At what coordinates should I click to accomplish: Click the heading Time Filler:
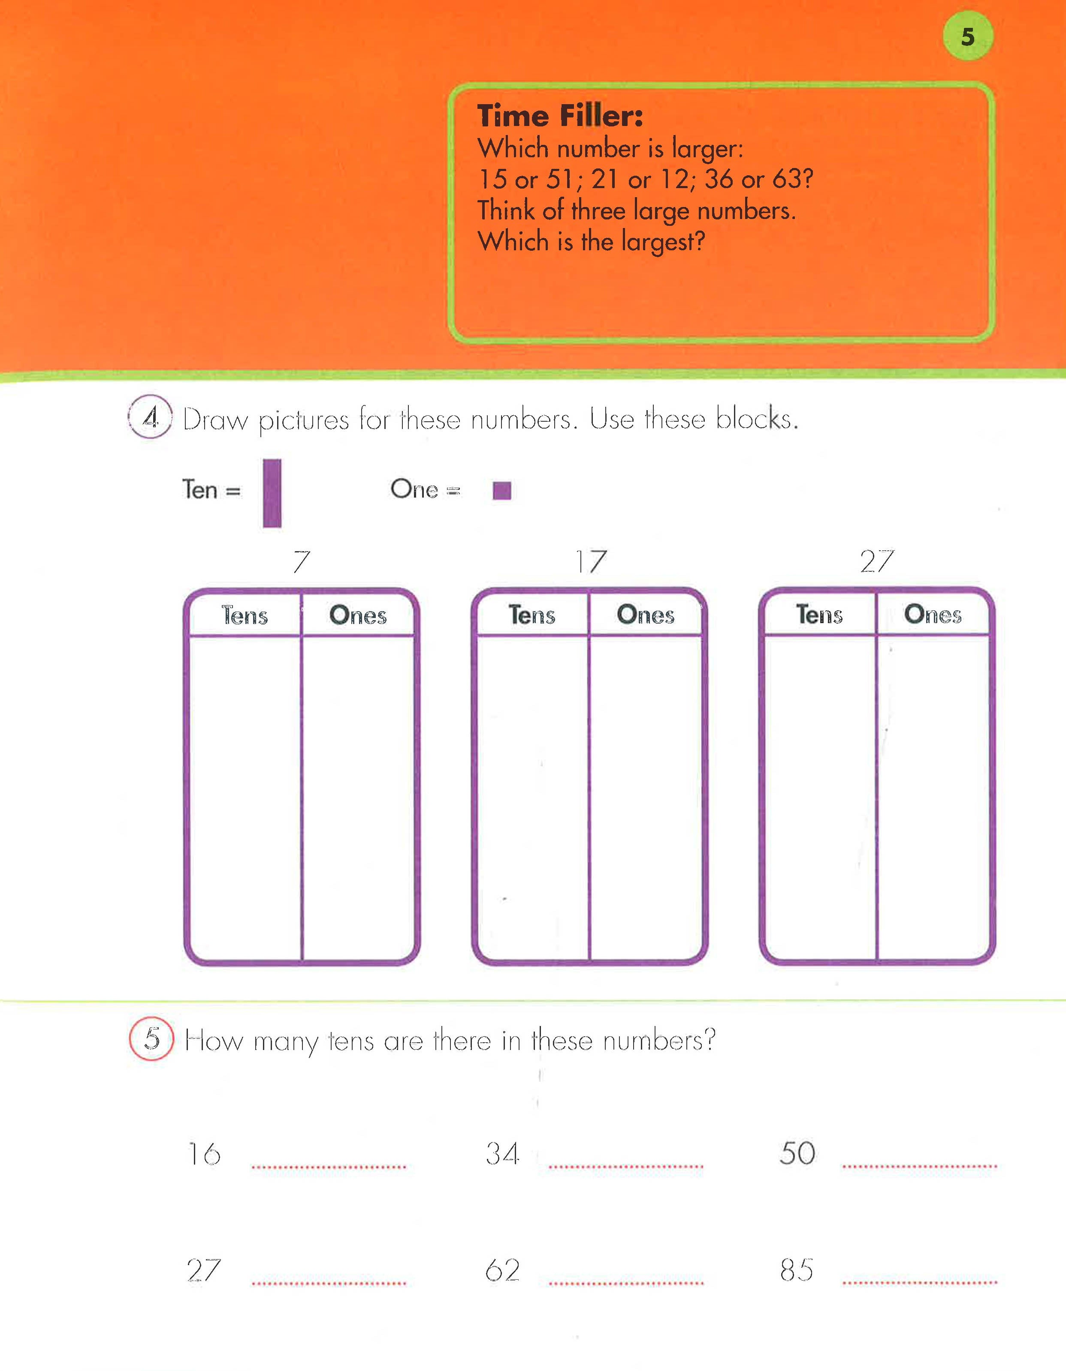(560, 116)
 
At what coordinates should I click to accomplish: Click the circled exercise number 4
(151, 416)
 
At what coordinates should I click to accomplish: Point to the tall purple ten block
(272, 493)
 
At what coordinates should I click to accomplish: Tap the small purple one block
(502, 490)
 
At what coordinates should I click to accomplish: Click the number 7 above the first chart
(302, 561)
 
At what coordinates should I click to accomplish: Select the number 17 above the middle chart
(591, 561)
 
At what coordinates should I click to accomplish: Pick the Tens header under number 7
(245, 615)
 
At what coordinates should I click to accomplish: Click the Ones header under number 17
(646, 615)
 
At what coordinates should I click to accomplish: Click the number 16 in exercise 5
(205, 1154)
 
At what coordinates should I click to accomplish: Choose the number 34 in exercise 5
(502, 1154)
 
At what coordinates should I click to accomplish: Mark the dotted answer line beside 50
(920, 1166)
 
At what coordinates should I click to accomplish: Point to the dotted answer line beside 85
(920, 1282)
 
